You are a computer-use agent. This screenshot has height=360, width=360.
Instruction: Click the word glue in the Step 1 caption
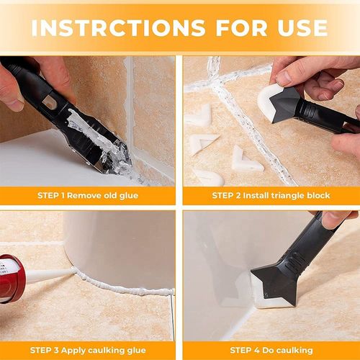[x=137, y=195]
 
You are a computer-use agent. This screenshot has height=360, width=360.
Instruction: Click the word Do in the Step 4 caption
[x=274, y=350]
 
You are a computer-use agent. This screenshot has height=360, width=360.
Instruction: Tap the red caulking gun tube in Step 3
[x=10, y=277]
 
